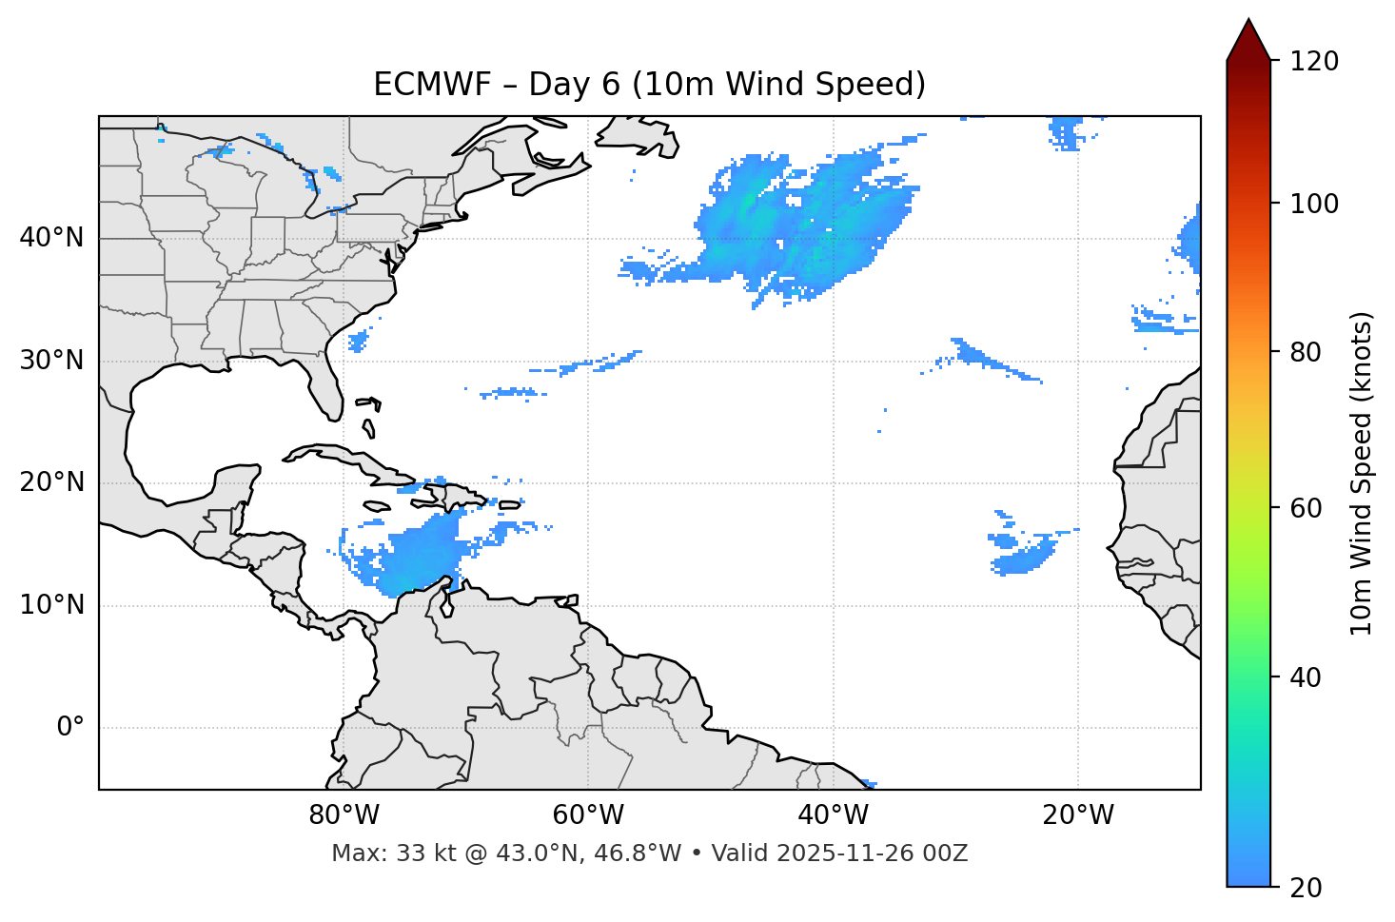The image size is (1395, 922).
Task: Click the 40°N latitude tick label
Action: point(51,238)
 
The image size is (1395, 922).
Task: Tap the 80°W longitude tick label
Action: point(344,815)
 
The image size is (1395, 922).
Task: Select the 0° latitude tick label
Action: point(69,728)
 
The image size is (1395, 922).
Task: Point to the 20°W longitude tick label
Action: point(1078,815)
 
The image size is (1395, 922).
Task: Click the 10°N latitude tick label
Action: point(51,605)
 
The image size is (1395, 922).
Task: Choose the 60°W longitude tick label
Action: point(587,815)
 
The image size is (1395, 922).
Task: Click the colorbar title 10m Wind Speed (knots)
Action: point(1362,474)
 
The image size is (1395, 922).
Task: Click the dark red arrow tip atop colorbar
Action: point(1248,38)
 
